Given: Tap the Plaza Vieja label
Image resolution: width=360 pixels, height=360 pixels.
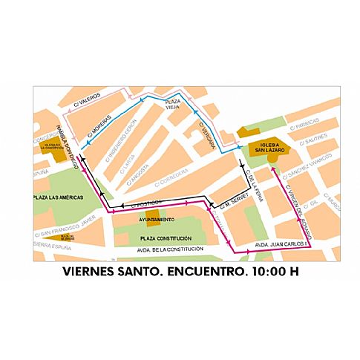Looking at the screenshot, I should point(173,104).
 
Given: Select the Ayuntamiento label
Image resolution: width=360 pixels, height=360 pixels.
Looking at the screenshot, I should point(156,220).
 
